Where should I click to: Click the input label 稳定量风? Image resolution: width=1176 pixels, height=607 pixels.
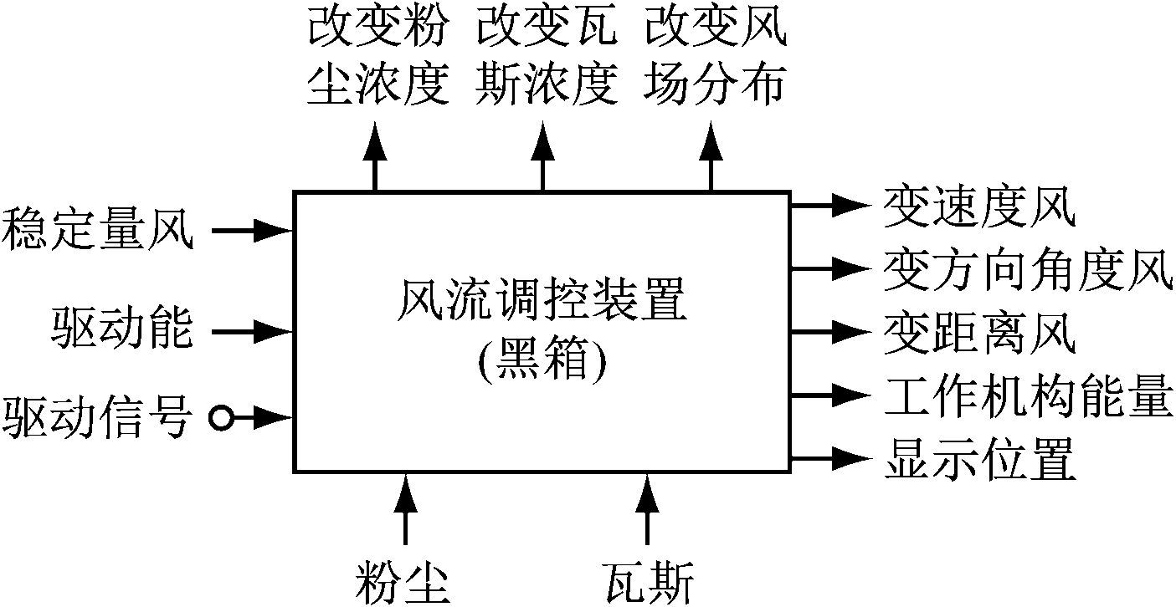pos(97,229)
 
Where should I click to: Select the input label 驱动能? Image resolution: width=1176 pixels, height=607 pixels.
pos(122,331)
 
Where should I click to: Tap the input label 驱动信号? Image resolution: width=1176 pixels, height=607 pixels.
pos(97,416)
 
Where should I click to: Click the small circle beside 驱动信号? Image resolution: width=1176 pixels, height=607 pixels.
pos(221,416)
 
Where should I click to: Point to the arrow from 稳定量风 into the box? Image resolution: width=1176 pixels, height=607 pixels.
pos(252,229)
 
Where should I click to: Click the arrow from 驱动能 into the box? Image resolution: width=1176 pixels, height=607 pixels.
pos(252,331)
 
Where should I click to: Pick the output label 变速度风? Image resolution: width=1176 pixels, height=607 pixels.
pos(979,204)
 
